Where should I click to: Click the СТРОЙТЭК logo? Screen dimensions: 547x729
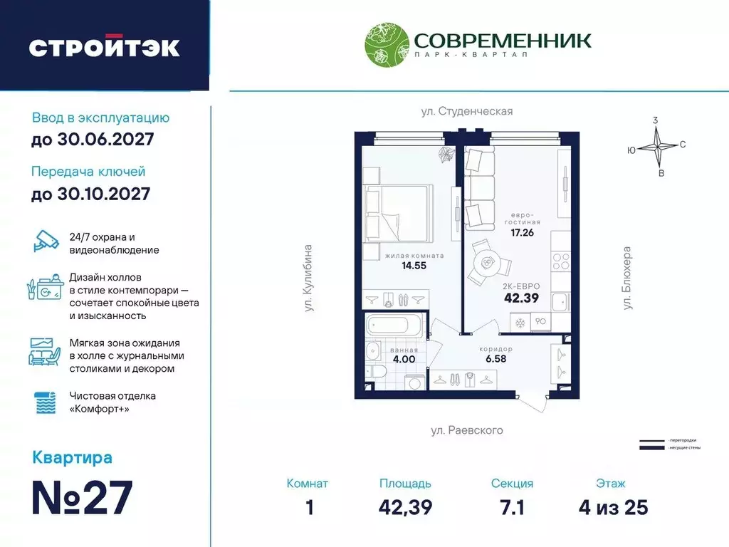click(x=104, y=47)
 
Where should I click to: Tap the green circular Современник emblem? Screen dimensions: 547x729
click(x=386, y=47)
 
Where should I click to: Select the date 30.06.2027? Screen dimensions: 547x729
click(x=93, y=140)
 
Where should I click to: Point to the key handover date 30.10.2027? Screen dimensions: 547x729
click(x=91, y=193)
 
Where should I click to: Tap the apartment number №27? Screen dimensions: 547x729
click(x=83, y=497)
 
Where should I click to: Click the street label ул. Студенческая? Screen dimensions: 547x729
click(x=465, y=111)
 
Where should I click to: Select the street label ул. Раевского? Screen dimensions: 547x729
click(x=467, y=430)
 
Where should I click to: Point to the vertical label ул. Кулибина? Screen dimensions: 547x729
click(x=308, y=278)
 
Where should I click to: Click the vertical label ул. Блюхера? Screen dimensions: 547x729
click(x=628, y=278)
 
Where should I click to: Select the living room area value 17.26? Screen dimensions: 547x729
click(x=522, y=231)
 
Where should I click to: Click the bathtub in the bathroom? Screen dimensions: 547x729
click(x=394, y=328)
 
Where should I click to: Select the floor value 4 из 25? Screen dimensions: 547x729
click(x=613, y=507)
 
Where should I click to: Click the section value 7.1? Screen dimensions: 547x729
click(x=512, y=507)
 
